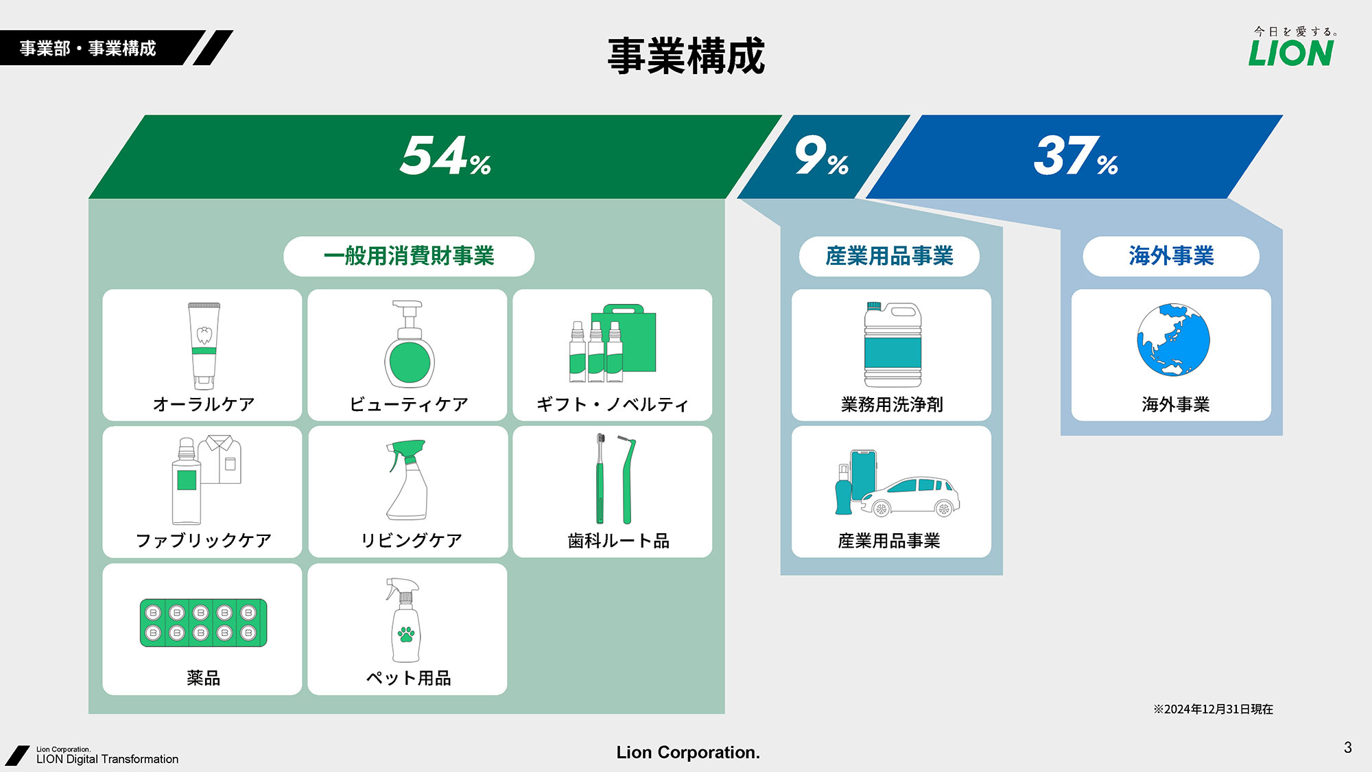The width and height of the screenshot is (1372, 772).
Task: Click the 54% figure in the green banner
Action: (x=446, y=156)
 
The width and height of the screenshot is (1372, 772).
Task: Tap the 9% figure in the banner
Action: (x=821, y=156)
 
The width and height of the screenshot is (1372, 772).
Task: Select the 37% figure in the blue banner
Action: (x=1076, y=156)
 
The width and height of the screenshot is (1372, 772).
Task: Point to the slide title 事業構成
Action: (x=686, y=56)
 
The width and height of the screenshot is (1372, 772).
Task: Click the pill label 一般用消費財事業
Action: (x=409, y=256)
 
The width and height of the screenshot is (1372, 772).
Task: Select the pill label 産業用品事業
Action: (x=889, y=256)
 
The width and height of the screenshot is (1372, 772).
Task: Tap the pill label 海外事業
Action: (x=1171, y=256)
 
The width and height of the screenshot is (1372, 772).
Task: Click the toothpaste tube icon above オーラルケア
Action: (x=204, y=346)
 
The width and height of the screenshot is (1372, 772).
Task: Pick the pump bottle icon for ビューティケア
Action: (x=410, y=344)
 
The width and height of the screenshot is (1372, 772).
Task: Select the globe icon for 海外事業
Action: (x=1173, y=340)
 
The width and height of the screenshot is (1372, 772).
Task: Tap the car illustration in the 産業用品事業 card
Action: (x=910, y=497)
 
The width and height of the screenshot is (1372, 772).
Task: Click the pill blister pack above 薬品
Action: (x=203, y=622)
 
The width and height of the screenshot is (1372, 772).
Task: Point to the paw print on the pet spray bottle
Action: (x=406, y=633)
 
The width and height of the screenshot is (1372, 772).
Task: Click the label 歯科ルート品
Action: (x=618, y=541)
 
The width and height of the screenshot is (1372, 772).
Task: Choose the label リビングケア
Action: (x=412, y=541)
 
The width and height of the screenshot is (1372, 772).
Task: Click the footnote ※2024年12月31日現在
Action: (x=1213, y=709)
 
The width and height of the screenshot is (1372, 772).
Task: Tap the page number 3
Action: (x=1348, y=747)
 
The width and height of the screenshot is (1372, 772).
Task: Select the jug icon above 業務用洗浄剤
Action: (x=892, y=344)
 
